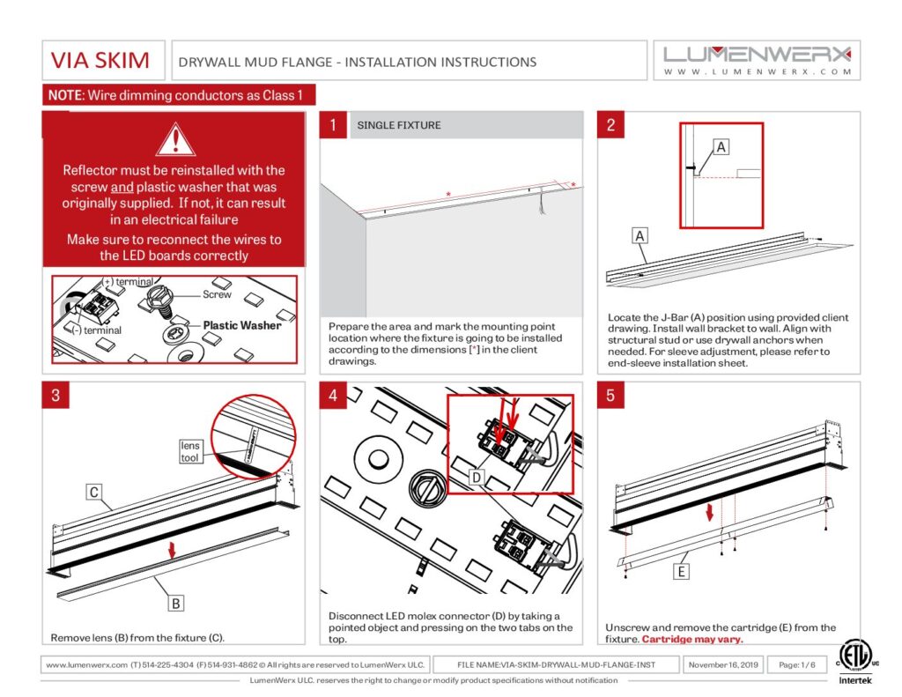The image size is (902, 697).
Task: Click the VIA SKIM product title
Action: click(100, 61)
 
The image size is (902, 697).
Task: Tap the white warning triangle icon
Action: click(174, 139)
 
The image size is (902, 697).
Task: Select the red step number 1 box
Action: click(333, 125)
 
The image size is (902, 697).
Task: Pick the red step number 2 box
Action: click(611, 125)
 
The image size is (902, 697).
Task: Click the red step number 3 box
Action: click(55, 395)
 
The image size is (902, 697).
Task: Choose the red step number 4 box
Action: click(333, 395)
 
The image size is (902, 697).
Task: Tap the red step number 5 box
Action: click(611, 395)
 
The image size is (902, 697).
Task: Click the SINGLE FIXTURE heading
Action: click(399, 125)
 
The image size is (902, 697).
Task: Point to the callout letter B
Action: click(176, 604)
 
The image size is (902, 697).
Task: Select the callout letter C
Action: click(93, 492)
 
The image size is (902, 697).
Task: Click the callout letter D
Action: click(475, 477)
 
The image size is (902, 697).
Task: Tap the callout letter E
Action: click(681, 572)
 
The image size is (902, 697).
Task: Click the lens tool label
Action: click(190, 451)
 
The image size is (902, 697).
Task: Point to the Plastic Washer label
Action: click(242, 325)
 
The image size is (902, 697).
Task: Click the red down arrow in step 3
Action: click(173, 550)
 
